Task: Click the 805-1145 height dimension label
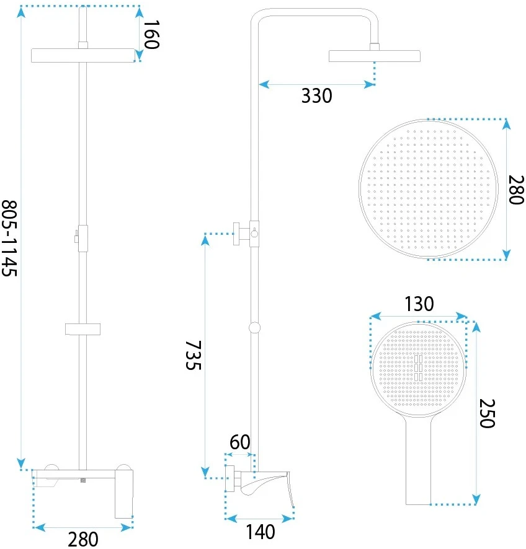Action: pyautogui.click(x=9, y=238)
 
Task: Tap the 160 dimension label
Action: pyautogui.click(x=152, y=34)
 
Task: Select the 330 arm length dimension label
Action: pyautogui.click(x=317, y=96)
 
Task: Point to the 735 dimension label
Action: pyautogui.click(x=193, y=355)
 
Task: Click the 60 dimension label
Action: pyautogui.click(x=240, y=442)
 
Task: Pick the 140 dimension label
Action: pyautogui.click(x=261, y=532)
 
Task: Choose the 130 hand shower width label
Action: pyautogui.click(x=419, y=304)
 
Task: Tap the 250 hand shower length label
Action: pyautogui.click(x=487, y=413)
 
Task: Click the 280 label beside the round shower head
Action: pyautogui.click(x=516, y=190)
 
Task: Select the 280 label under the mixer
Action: pyautogui.click(x=83, y=540)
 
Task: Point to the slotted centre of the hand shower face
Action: pyautogui.click(x=419, y=368)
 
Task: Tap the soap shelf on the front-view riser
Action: pyautogui.click(x=82, y=329)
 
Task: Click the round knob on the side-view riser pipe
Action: pyautogui.click(x=255, y=327)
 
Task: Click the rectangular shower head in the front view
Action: pyautogui.click(x=83, y=56)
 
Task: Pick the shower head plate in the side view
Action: pyautogui.click(x=375, y=56)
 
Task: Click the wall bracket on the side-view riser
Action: pyautogui.click(x=242, y=234)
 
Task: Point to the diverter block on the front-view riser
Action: pyautogui.click(x=82, y=239)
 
